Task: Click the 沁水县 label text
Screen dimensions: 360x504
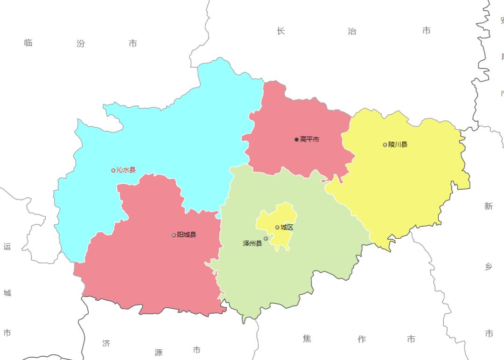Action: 126,170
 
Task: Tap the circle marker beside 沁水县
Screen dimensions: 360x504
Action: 113,170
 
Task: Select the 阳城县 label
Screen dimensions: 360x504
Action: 187,235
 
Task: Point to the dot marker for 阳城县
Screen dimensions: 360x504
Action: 174,235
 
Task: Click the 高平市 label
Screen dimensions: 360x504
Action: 309,139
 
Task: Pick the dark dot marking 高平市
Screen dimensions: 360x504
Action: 296,139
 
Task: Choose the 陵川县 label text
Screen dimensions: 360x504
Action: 398,145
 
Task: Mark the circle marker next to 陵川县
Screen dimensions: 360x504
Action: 385,145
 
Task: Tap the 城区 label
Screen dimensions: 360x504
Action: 287,227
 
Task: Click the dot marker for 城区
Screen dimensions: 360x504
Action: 277,227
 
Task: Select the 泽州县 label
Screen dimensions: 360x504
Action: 252,243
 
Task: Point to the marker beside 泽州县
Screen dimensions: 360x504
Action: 266,239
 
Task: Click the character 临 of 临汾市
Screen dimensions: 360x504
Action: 28,43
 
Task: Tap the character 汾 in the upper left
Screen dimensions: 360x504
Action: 81,44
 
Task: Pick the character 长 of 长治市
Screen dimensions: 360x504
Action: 280,31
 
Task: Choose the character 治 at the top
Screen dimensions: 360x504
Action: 352,31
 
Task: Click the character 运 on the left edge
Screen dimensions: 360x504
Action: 7,247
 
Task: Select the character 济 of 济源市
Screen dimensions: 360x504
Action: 106,344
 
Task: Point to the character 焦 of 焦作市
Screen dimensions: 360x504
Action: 307,339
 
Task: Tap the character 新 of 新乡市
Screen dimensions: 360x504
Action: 489,206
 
